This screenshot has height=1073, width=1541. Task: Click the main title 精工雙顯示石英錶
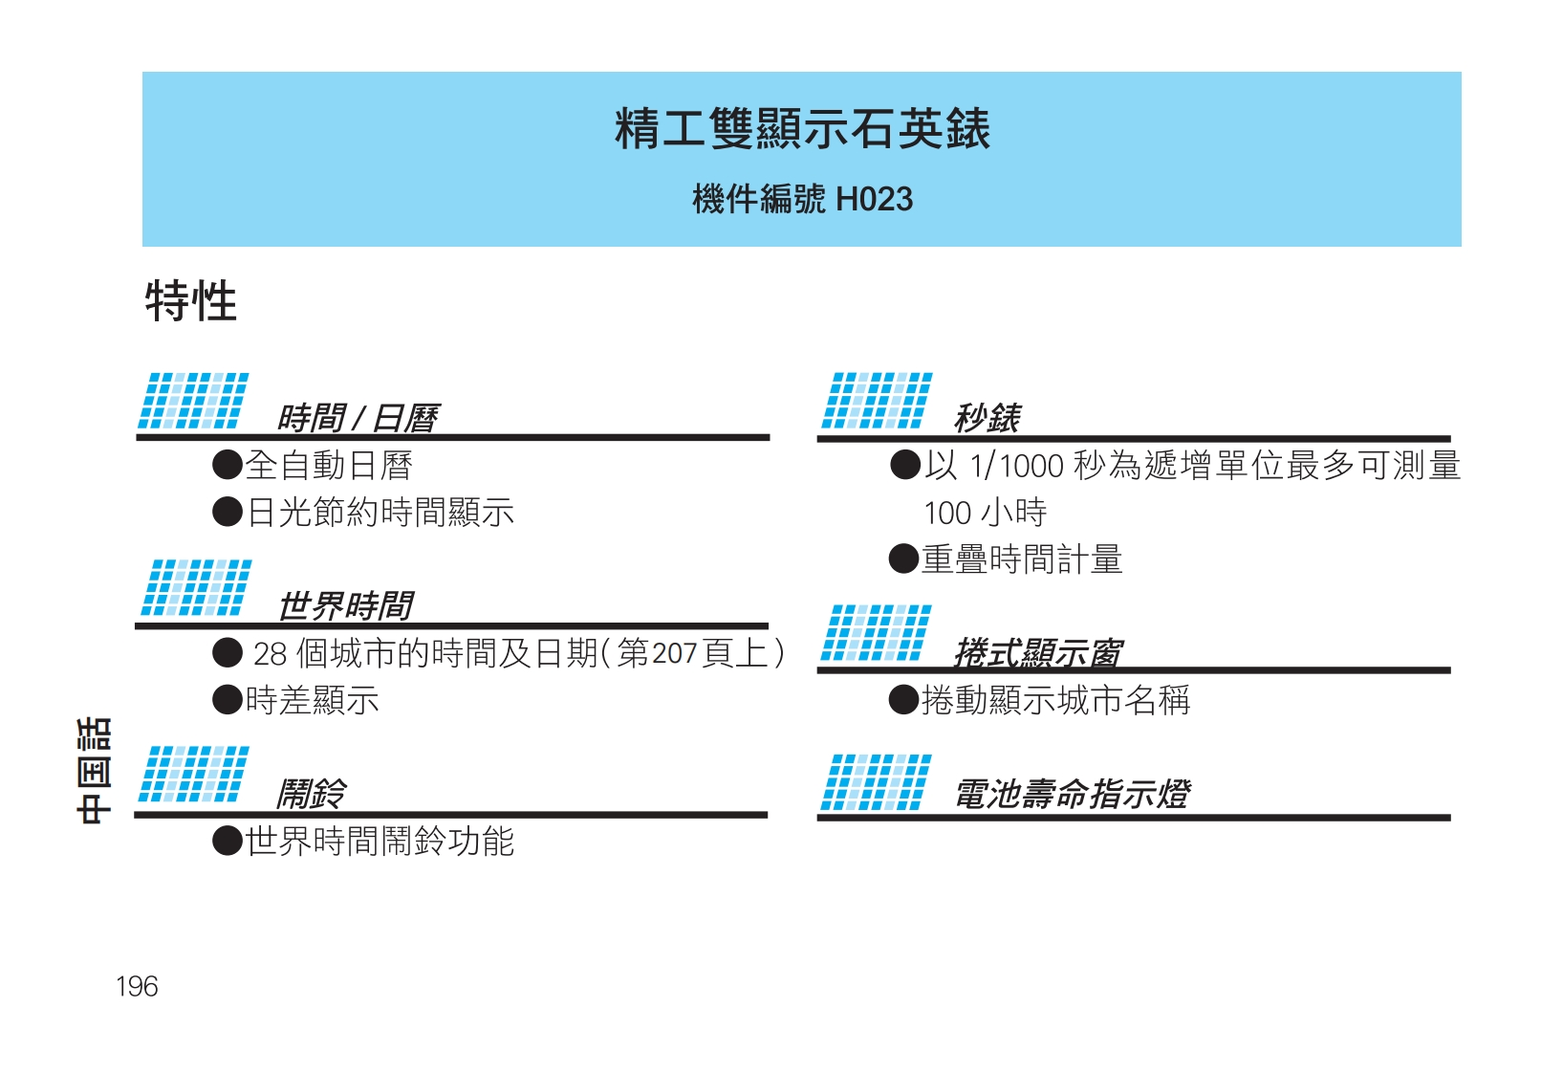pos(801,129)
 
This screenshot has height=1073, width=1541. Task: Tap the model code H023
pos(874,200)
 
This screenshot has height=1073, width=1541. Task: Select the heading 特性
pos(190,301)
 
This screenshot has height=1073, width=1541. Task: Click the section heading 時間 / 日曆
pos(357,418)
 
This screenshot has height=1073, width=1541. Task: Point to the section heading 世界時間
pos(345,605)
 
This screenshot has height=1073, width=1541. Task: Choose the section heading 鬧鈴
pos(311,793)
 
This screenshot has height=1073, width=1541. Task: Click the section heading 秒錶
pos(987,417)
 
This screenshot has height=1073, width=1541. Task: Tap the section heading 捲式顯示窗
pos(1037,652)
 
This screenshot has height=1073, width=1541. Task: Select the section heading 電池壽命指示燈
pos(1072,794)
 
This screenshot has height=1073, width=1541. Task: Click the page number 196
pos(137,987)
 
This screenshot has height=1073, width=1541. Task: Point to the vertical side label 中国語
pos(95,770)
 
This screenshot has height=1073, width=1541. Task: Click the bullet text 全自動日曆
pos(329,466)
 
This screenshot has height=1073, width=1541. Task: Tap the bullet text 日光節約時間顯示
pos(380,513)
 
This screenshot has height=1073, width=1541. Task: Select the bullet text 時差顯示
pos(312,701)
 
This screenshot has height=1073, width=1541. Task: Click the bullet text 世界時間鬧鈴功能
pos(380,842)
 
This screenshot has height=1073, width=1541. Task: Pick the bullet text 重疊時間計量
pos(1021,559)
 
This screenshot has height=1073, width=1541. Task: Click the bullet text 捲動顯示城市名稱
pos(1055,701)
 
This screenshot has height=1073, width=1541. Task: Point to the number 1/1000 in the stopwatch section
pos(1016,466)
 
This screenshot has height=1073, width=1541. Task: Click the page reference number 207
pos(674,653)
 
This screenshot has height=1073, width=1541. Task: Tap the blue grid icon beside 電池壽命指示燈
pos(876,782)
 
